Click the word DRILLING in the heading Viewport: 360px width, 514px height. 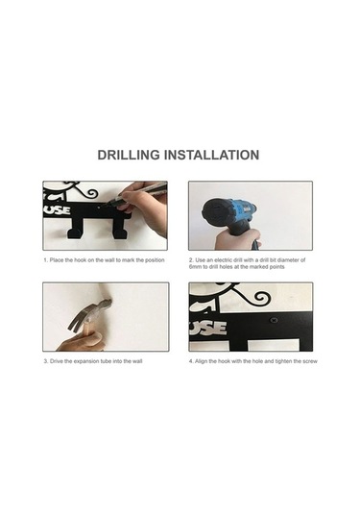(x=129, y=155)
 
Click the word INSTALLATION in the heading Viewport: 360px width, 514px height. (x=211, y=155)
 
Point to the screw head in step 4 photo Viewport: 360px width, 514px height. (x=274, y=319)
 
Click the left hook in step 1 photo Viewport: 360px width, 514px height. (x=74, y=229)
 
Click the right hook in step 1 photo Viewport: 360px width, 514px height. (x=120, y=229)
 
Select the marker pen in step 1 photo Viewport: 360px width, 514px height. (x=141, y=196)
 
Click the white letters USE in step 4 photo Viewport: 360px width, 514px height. (x=208, y=328)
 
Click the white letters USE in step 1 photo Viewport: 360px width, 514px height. (x=58, y=209)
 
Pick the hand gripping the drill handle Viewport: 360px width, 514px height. (x=237, y=239)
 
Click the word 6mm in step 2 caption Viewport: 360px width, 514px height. (x=195, y=267)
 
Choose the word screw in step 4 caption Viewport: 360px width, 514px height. (x=309, y=361)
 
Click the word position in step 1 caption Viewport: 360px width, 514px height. (x=155, y=260)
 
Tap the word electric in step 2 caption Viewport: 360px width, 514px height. (x=223, y=260)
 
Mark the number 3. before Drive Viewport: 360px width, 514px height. (x=46, y=361)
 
